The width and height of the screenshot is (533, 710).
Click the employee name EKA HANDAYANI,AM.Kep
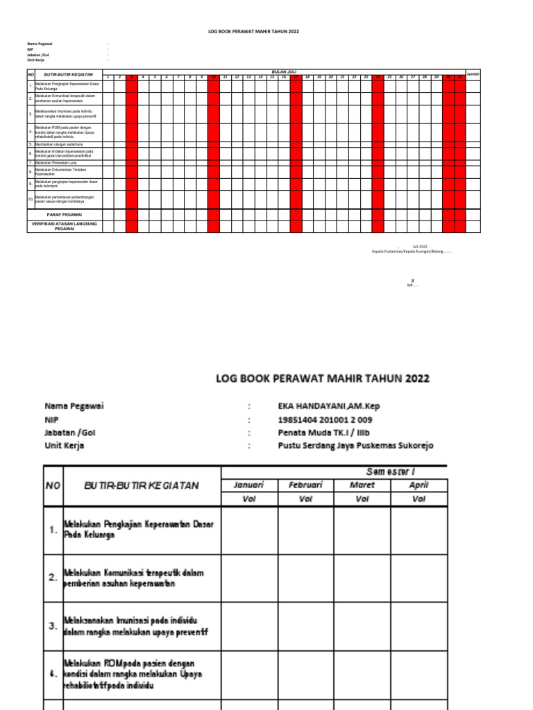click(x=325, y=406)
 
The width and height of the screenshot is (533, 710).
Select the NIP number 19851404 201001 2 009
click(x=325, y=419)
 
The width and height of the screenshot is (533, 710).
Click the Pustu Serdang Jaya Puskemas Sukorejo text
click(x=355, y=446)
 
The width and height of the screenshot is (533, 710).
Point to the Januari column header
click(x=249, y=485)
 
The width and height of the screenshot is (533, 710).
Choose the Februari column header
click(x=306, y=485)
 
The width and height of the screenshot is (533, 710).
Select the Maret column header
click(x=362, y=485)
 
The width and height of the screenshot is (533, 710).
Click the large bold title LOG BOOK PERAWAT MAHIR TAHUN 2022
click(x=323, y=379)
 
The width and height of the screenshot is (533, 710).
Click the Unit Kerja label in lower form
click(x=65, y=446)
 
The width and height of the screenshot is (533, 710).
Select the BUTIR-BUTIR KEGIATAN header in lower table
click(x=141, y=485)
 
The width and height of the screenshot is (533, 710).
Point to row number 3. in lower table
click(x=53, y=627)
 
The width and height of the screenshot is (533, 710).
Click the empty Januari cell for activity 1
click(x=249, y=530)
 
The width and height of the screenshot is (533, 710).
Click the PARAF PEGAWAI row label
click(x=65, y=216)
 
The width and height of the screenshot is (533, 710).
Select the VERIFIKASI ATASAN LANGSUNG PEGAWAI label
click(x=65, y=226)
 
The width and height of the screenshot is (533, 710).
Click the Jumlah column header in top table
click(x=473, y=73)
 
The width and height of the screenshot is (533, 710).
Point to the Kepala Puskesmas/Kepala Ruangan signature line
click(x=412, y=252)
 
